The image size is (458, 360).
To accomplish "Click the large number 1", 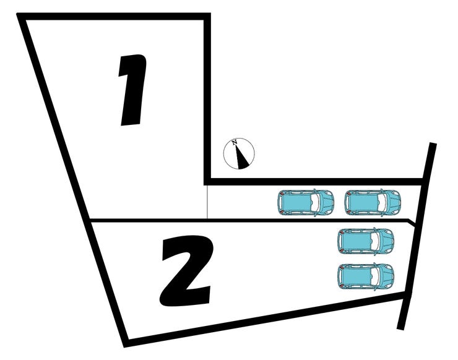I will (x=133, y=90).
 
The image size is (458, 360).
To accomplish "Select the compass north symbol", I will (x=239, y=153).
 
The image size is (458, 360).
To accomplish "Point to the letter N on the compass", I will (x=235, y=143).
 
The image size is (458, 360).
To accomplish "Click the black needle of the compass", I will (x=243, y=158).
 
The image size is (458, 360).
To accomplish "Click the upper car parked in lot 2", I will (x=366, y=241).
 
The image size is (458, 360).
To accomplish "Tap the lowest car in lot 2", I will (x=366, y=275).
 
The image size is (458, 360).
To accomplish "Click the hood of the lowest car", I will (x=387, y=275).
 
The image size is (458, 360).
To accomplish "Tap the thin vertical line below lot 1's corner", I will (x=207, y=201).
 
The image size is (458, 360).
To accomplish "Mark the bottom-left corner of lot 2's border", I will (x=126, y=341).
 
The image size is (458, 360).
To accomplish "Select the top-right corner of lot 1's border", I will (x=207, y=17).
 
